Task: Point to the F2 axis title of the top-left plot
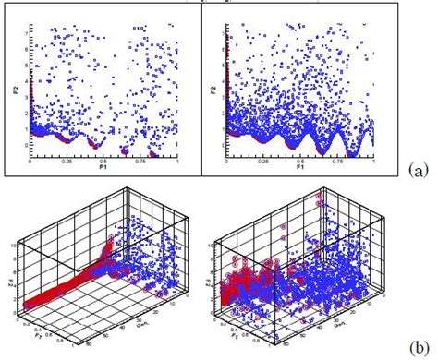click(15, 92)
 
